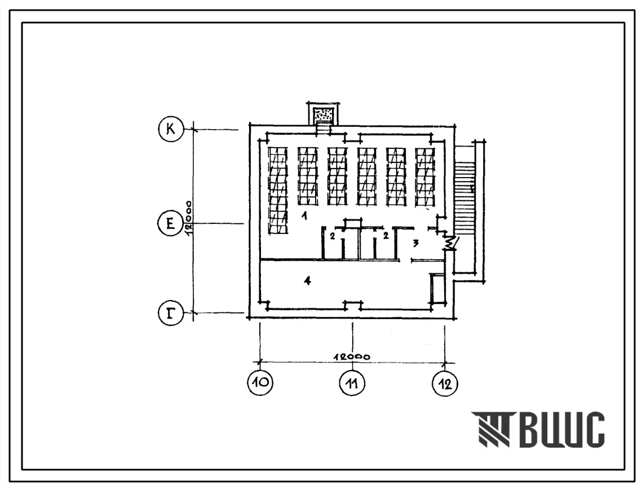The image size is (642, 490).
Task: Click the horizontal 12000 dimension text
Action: pos(352,356)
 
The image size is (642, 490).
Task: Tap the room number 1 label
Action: pos(304,216)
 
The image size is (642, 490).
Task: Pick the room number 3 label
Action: pos(415,243)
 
